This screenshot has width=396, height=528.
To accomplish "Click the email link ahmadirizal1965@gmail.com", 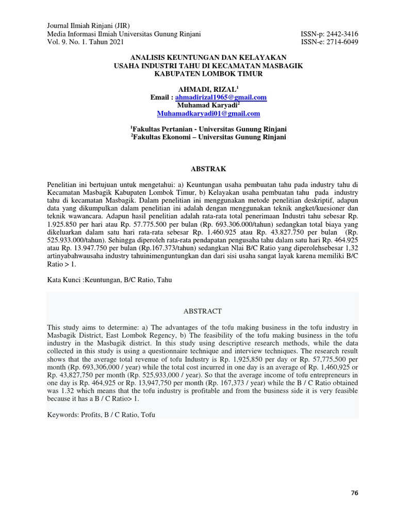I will click(x=221, y=97).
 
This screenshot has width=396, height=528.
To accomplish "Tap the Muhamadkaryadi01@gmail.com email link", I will click(x=208, y=113).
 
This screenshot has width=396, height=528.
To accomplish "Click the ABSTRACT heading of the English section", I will click(x=202, y=311).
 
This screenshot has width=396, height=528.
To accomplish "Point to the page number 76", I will click(x=354, y=493).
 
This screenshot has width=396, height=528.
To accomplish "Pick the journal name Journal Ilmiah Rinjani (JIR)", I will click(x=88, y=26).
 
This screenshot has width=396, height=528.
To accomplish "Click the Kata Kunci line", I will click(x=109, y=280).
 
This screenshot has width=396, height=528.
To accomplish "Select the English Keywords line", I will click(x=101, y=415).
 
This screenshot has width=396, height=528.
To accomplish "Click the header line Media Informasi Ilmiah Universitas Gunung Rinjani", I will click(x=124, y=34).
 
